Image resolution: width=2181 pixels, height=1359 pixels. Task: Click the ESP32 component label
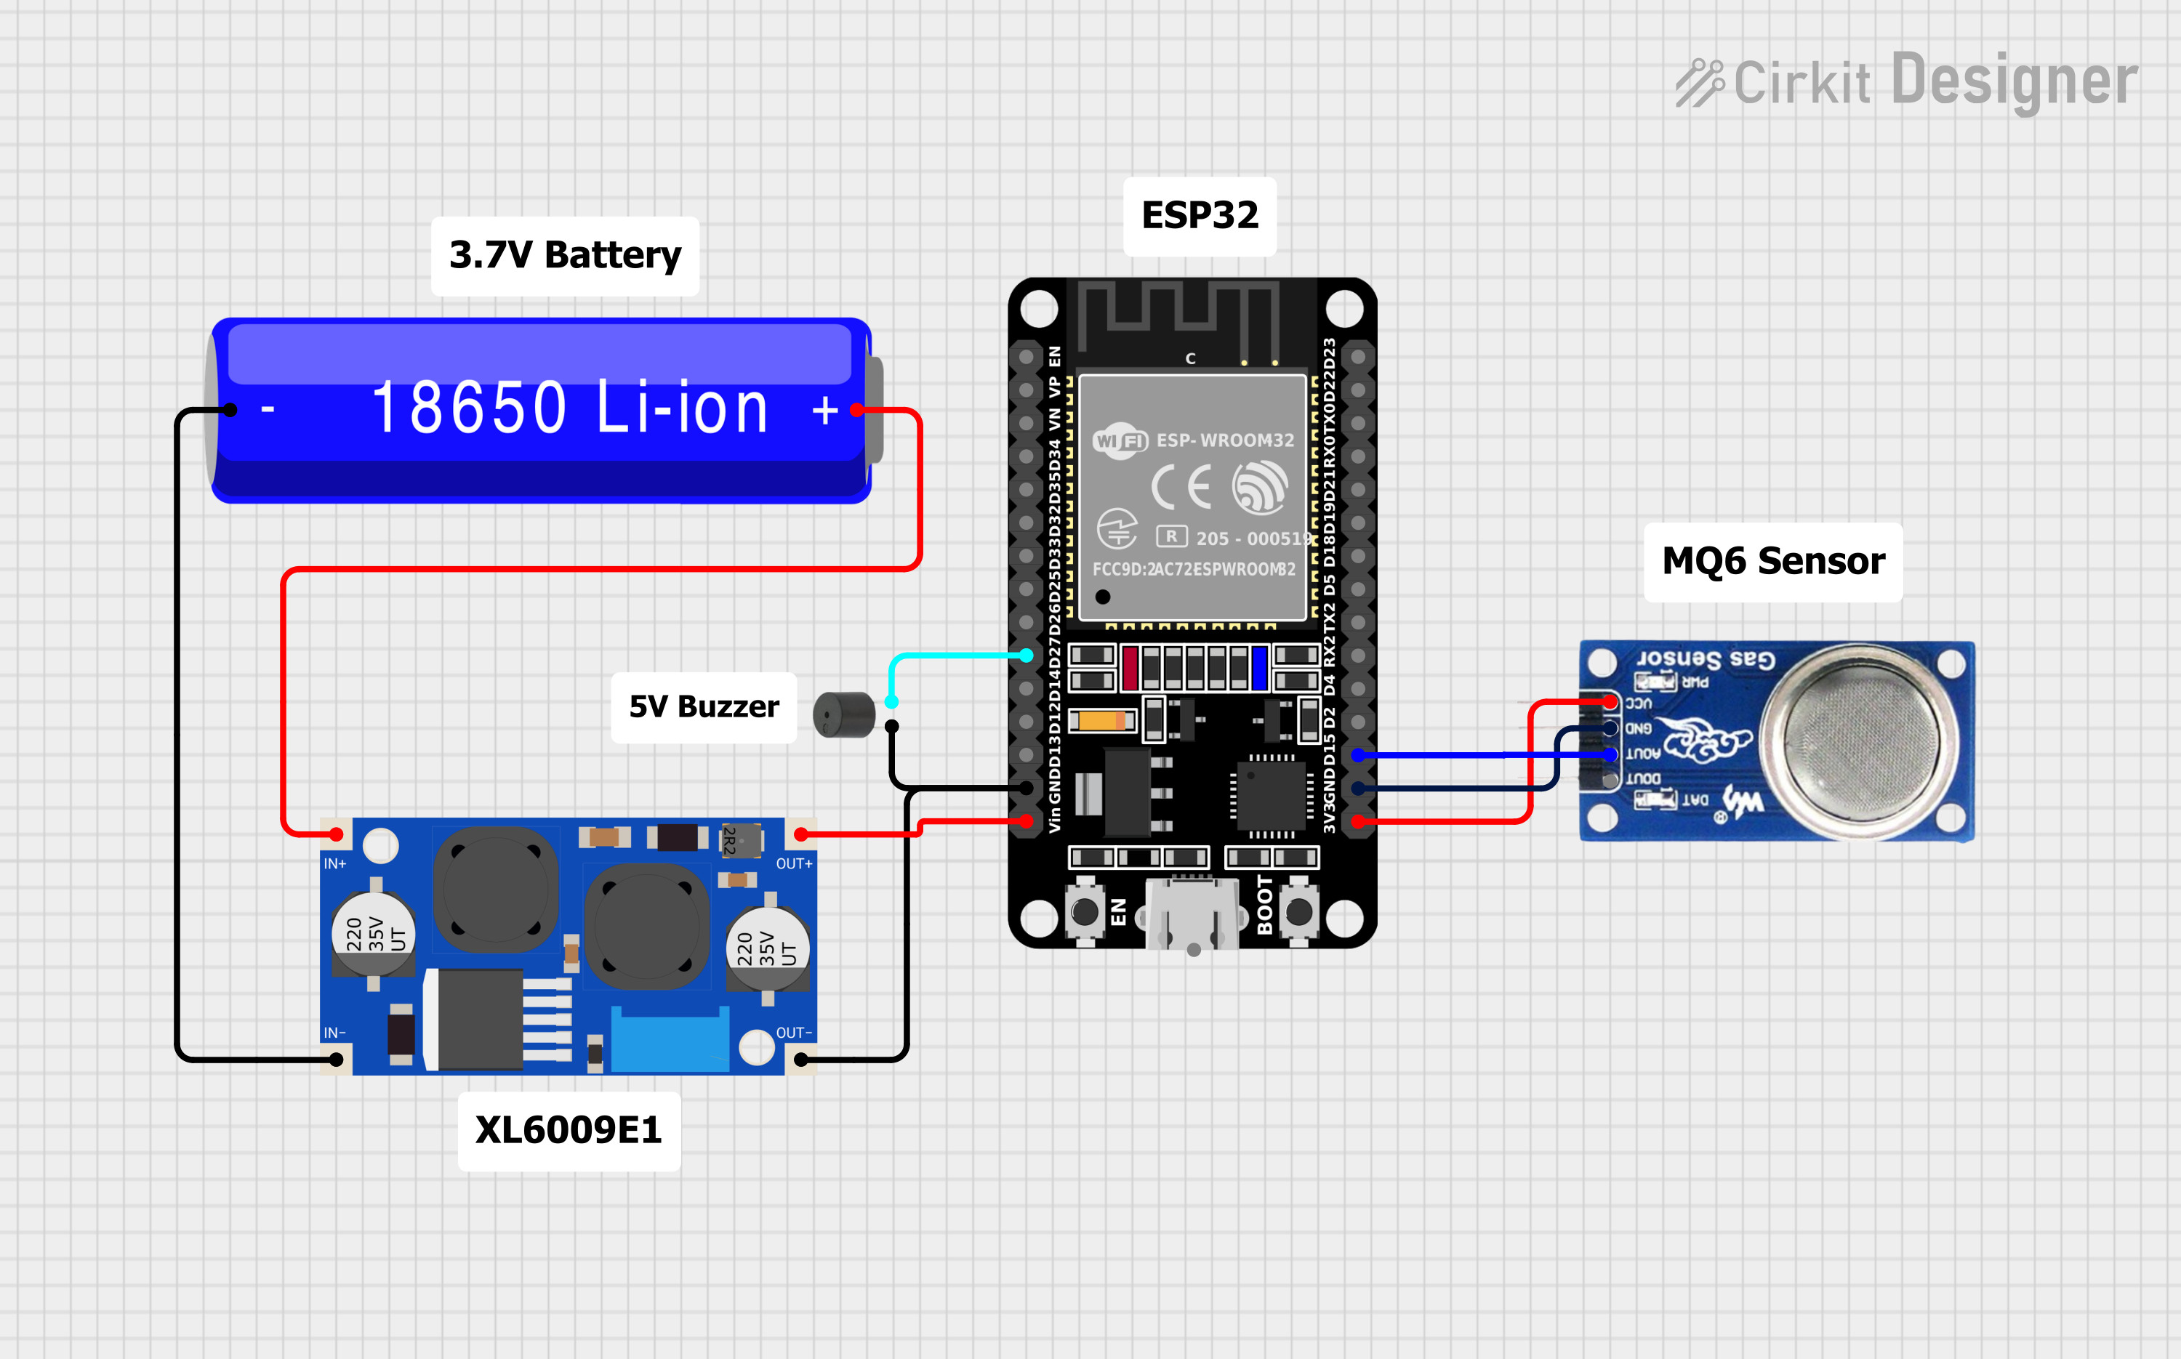pos(1200,216)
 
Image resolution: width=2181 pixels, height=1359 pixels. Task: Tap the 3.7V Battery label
pos(565,255)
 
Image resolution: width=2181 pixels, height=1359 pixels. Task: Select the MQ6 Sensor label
pos(1773,562)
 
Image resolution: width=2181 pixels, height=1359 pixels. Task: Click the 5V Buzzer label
pos(703,707)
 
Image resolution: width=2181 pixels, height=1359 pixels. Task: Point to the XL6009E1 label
pos(569,1131)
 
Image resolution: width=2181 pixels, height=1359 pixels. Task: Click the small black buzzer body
pos(843,714)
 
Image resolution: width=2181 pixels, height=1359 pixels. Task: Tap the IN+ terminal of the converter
pos(336,835)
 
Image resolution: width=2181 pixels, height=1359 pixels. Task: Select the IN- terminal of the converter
pos(336,1060)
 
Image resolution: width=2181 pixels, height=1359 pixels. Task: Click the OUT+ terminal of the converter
pos(801,835)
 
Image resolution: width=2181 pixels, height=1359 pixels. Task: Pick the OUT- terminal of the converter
pos(801,1060)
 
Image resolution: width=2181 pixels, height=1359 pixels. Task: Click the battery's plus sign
pos(824,411)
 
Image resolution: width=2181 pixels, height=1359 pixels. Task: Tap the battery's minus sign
pos(267,411)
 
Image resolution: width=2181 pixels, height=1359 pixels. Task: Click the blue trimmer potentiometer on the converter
pos(670,1040)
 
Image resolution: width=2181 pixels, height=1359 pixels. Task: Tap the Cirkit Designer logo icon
pos(1699,83)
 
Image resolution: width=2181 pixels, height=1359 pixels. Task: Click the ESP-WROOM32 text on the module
pos(1224,440)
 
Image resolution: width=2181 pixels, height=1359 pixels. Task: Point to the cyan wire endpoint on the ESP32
pos(1027,656)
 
